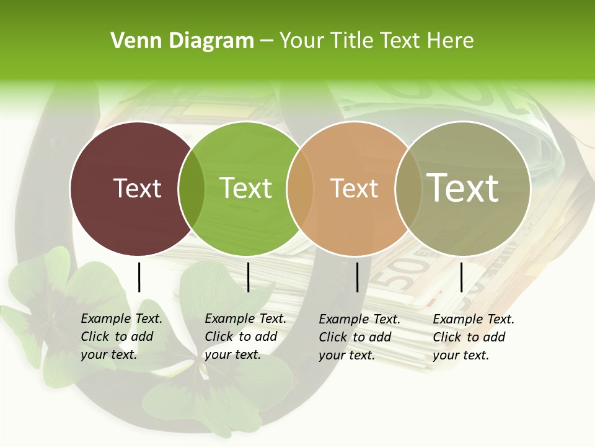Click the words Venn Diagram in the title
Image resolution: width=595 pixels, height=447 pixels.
point(182,41)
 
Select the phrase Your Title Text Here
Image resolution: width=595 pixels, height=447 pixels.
point(376,41)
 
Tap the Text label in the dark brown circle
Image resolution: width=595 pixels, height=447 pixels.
point(137,188)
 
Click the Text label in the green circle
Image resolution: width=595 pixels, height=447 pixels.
point(245,188)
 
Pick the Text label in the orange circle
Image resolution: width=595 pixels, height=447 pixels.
point(354,188)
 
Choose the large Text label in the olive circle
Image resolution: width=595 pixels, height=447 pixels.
point(463,187)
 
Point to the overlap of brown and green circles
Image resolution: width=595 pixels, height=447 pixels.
point(191,189)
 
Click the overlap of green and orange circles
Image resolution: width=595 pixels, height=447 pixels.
point(299,189)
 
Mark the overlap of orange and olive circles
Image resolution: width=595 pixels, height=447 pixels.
point(407,189)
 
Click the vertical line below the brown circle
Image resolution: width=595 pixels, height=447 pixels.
point(139,277)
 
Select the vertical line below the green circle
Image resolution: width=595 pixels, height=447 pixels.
point(248,277)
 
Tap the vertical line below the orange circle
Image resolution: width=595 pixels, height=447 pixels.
point(358,277)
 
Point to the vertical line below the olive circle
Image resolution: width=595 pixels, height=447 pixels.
point(461,277)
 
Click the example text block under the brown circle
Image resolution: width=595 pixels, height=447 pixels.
point(121,336)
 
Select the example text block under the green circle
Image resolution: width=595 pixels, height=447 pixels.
point(245,336)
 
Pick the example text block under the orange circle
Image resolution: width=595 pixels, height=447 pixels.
point(359,337)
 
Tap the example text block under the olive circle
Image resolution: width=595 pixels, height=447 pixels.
point(473,337)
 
